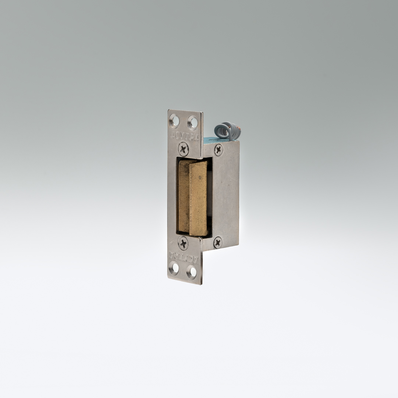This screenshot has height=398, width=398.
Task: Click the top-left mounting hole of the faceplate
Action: (x=174, y=120)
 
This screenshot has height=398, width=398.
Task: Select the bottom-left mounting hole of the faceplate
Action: (x=174, y=268)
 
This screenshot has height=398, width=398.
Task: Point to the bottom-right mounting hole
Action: (x=191, y=272)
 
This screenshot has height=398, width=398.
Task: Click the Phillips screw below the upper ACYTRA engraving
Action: (x=183, y=149)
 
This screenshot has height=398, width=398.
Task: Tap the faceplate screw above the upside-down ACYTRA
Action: (x=183, y=243)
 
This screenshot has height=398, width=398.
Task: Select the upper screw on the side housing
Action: (x=218, y=149)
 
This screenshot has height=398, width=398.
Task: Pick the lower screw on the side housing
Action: (x=218, y=242)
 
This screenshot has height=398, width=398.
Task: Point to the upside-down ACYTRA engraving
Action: (x=183, y=256)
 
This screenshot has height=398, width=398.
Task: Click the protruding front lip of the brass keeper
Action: (x=198, y=199)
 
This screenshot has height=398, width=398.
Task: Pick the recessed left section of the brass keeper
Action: (x=184, y=197)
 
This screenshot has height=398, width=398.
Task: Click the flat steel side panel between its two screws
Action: (x=225, y=195)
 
